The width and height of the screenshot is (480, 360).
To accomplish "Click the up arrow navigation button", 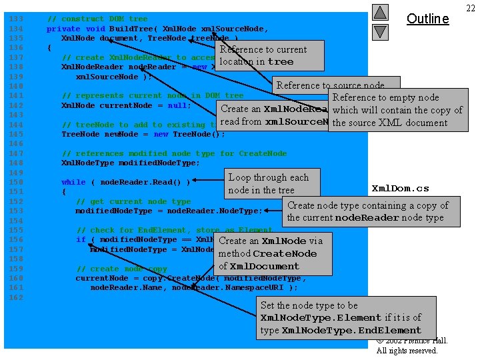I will [x=380, y=12].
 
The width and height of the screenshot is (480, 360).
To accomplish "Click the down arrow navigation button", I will [x=380, y=31].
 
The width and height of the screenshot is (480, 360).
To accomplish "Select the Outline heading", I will [x=427, y=19].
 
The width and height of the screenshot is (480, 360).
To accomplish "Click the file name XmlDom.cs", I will [x=400, y=188].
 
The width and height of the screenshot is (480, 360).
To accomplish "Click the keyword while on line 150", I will [x=73, y=182].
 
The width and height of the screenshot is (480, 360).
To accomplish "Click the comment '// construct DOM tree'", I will [x=97, y=19].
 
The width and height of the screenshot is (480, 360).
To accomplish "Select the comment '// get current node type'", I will [x=133, y=201].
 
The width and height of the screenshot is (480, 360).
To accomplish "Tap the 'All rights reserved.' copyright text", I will [x=407, y=351].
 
